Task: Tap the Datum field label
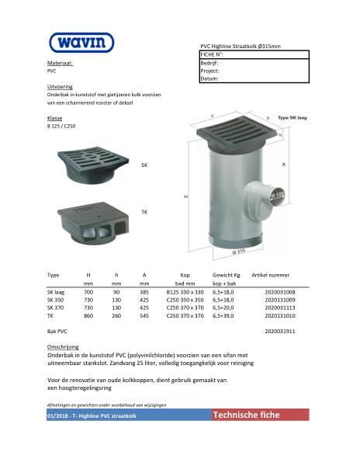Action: (209, 78)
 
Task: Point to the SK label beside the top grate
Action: (144, 165)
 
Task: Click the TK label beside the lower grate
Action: (144, 212)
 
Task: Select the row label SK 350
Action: (57, 299)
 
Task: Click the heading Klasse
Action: (55, 117)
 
